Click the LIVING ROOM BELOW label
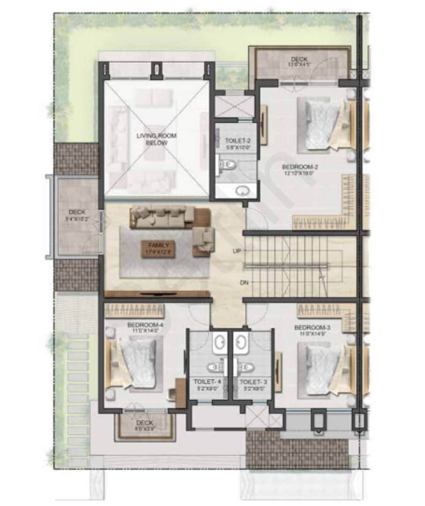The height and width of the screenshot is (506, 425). (152, 139)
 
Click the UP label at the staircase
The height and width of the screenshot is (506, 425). (237, 251)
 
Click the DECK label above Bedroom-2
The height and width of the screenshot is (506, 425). (299, 60)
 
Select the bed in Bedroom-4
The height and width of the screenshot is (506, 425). (136, 363)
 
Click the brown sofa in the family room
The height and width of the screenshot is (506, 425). (162, 216)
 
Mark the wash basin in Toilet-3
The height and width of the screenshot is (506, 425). (242, 343)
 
